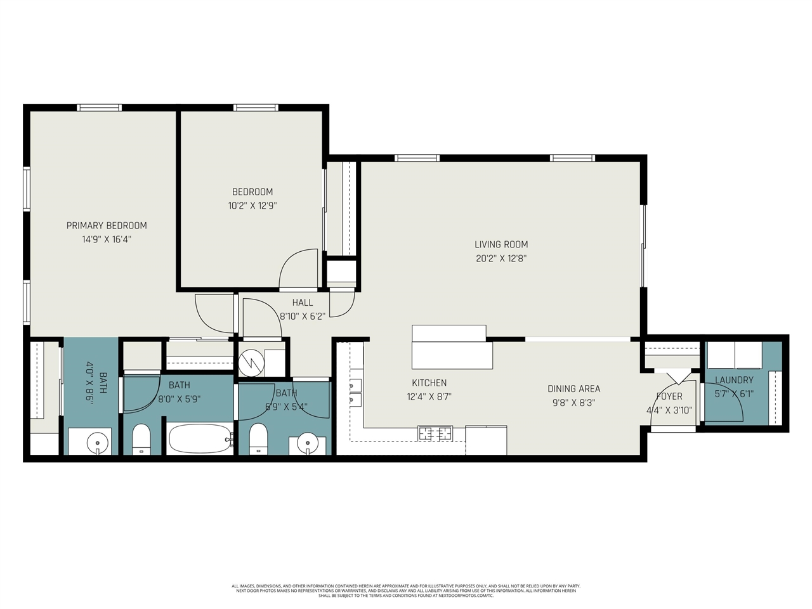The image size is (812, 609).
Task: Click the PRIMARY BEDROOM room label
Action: tap(107, 225)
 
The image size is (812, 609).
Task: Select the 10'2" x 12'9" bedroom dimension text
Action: tap(252, 206)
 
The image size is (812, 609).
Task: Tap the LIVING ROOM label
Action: tap(501, 244)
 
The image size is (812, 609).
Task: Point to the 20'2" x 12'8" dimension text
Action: tap(501, 258)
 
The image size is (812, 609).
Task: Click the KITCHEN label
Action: tap(429, 383)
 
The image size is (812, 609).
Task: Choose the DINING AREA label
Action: tap(573, 388)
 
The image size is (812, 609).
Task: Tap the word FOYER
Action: tap(669, 396)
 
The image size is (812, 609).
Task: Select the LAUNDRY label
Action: tap(734, 380)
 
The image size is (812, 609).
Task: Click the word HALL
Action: tap(303, 303)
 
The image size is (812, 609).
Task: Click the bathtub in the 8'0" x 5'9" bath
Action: tap(199, 438)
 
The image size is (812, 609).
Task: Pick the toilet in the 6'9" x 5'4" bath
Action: tap(258, 438)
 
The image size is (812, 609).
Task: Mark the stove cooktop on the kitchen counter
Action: tap(435, 433)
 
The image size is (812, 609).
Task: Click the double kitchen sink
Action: tap(354, 393)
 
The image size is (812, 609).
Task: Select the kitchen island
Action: tap(451, 347)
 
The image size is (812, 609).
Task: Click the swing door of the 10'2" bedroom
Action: tap(298, 270)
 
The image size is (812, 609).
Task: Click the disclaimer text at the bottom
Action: tap(406, 591)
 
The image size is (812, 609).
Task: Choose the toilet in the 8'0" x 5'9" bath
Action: tap(141, 439)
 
